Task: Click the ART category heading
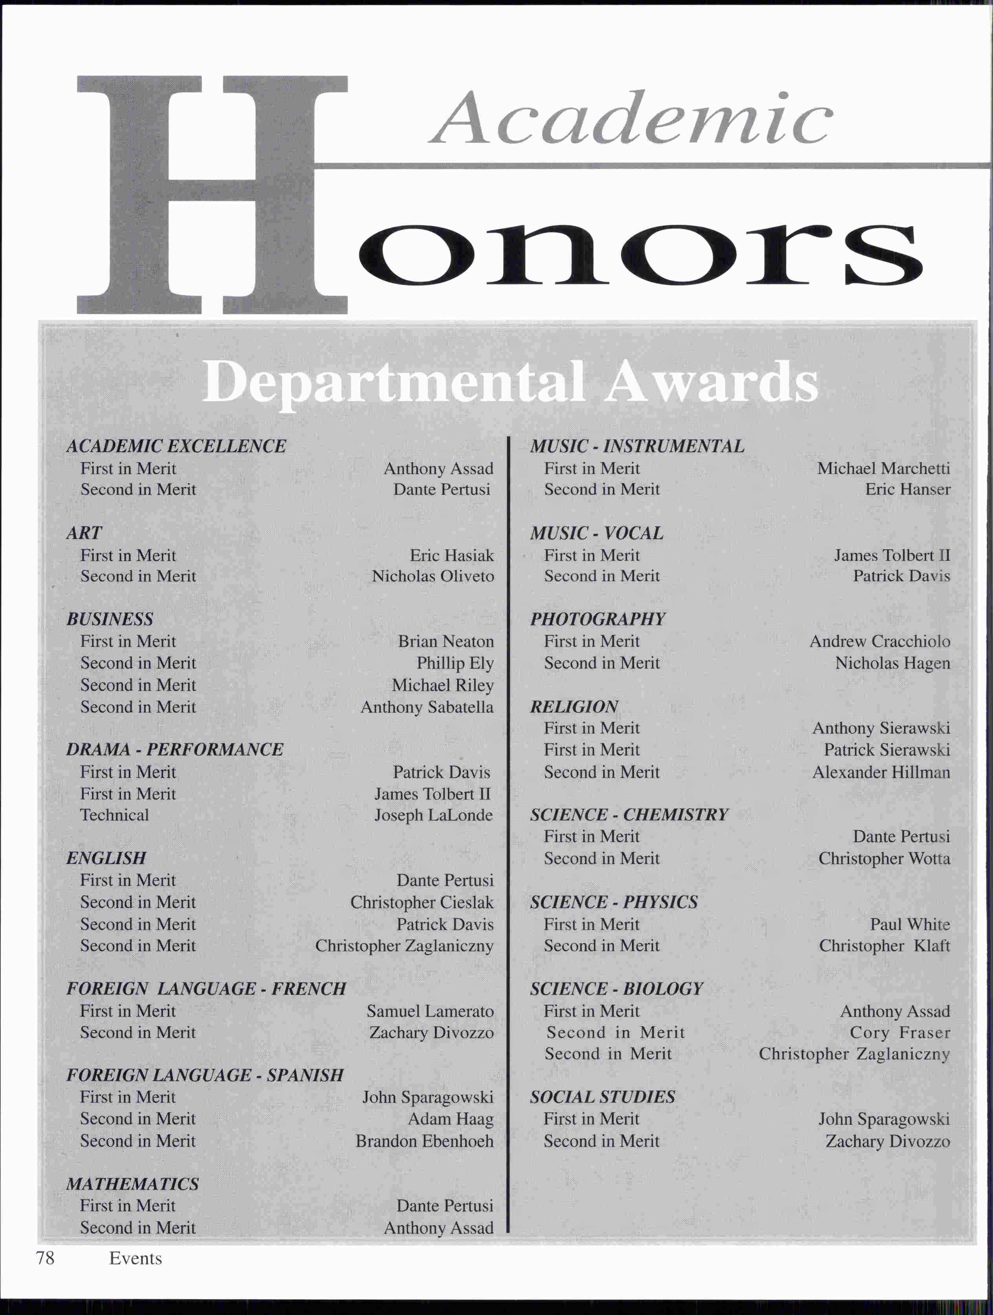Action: coord(84,533)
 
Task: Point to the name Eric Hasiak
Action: coord(451,555)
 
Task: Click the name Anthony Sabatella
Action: coord(427,707)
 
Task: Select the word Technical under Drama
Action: coord(115,815)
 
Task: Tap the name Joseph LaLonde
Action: coord(434,815)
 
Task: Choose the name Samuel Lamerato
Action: coord(430,1011)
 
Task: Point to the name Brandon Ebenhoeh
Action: coord(425,1141)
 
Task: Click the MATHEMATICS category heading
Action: coord(133,1184)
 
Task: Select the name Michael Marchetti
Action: coord(883,468)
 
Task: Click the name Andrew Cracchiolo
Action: coord(879,642)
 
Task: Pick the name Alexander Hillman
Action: coord(881,772)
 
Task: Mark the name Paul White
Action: coord(910,924)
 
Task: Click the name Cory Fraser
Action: coord(900,1033)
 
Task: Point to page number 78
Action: coord(45,1258)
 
